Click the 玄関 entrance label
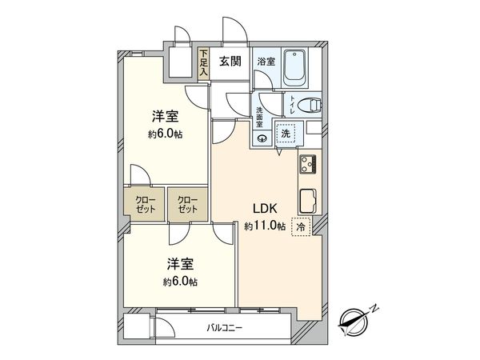230,60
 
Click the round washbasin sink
261,138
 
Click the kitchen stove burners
310,164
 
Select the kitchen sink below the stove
309,198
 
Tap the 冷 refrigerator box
299,226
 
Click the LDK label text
265,210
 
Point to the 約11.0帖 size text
265,226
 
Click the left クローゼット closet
144,203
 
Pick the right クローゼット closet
186,203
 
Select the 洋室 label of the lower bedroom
180,264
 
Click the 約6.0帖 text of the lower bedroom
180,282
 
